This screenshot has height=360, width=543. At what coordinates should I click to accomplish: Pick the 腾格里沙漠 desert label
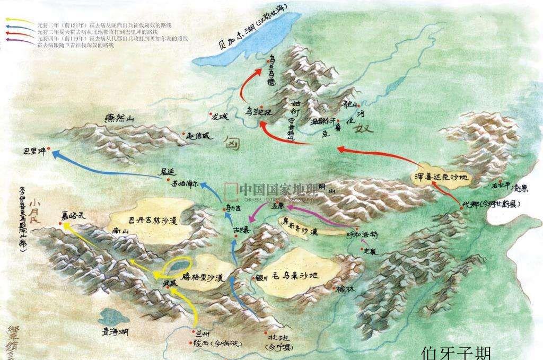(x=202, y=276)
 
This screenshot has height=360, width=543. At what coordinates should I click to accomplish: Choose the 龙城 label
(x=218, y=116)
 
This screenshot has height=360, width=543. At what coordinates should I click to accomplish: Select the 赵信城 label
(x=199, y=136)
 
